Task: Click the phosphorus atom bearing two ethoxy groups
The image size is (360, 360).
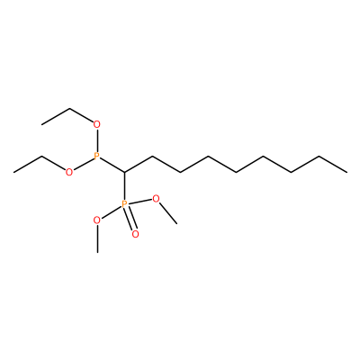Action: tap(96, 156)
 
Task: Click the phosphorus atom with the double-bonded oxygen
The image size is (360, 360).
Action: tap(124, 204)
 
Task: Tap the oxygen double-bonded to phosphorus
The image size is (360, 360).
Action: tap(135, 234)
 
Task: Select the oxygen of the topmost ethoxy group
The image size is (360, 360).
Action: tap(96, 124)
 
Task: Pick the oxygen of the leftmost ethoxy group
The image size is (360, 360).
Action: tap(69, 172)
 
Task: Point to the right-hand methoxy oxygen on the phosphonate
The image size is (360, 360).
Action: tap(156, 198)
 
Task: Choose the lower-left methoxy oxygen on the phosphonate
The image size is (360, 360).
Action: tap(97, 220)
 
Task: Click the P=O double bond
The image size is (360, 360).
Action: tap(130, 220)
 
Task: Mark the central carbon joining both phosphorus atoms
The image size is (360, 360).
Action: tap(124, 172)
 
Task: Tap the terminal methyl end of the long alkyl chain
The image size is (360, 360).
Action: tap(347, 172)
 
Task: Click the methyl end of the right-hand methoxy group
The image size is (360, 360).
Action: tap(176, 223)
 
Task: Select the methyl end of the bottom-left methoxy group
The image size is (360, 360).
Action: tap(97, 253)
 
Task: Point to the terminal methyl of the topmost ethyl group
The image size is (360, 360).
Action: tap(41, 124)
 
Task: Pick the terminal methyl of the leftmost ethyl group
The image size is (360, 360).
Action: tap(13, 172)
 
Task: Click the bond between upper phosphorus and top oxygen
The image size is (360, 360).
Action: tap(96, 140)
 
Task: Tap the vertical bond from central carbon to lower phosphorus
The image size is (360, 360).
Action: tap(124, 186)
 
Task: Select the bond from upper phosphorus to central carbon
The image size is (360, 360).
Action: tap(112, 165)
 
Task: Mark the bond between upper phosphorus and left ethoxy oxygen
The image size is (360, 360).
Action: tap(83, 164)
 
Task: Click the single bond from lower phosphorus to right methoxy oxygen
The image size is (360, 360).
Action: tap(140, 202)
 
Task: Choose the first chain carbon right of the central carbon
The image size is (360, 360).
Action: tap(152, 157)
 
